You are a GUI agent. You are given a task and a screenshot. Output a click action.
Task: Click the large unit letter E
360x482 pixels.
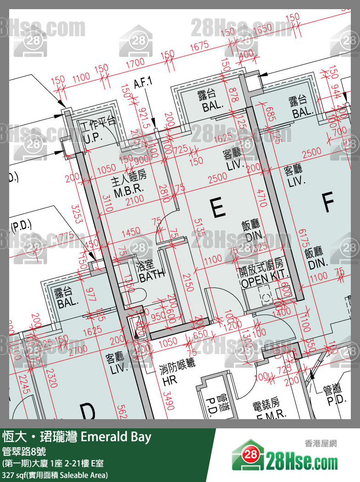point(218,209)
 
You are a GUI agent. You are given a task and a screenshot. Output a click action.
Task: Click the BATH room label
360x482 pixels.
point(152,272)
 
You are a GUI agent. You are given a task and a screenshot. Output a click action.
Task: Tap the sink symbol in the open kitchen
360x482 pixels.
point(266,297)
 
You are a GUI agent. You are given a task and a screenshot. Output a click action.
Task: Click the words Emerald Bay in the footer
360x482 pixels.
point(116,437)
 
